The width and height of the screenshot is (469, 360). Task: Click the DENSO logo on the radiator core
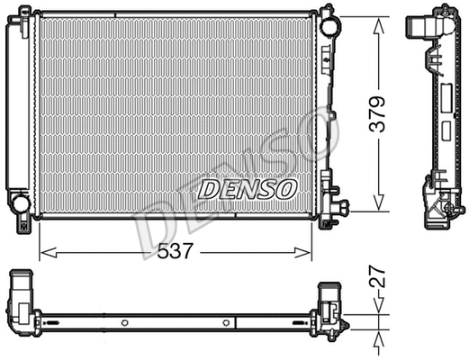coord(247,189)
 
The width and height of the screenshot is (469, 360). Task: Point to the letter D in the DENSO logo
coord(208,189)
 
